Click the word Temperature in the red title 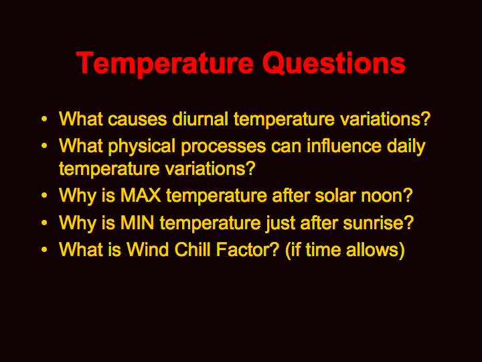165,64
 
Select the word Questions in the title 333,63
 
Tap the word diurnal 200,119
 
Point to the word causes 137,120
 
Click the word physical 142,147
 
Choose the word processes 224,147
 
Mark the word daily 406,147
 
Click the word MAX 141,195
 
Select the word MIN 137,223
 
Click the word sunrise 378,223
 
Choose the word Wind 147,249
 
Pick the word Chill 192,249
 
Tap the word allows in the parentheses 376,249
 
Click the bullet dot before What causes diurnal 44,119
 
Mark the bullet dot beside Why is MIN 44,223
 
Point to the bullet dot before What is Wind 44,249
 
